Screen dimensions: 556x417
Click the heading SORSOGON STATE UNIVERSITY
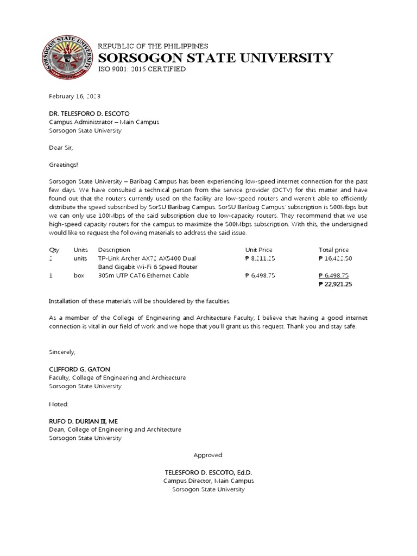tap(215, 58)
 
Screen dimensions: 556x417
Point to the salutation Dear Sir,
tap(61, 148)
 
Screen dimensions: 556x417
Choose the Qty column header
tap(54, 250)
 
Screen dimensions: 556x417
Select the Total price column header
tap(334, 250)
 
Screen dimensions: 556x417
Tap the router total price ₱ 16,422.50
tap(335, 258)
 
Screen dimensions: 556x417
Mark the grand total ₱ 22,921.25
tap(335, 284)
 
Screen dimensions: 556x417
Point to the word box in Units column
tap(79, 275)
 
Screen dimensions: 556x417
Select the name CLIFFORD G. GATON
tap(79, 369)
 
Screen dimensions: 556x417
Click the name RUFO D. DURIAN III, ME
tap(83, 421)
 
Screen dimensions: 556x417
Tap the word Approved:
tap(208, 455)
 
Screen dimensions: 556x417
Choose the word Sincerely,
tap(62, 352)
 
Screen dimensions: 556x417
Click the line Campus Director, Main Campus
tap(208, 481)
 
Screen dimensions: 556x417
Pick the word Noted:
tap(59, 404)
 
